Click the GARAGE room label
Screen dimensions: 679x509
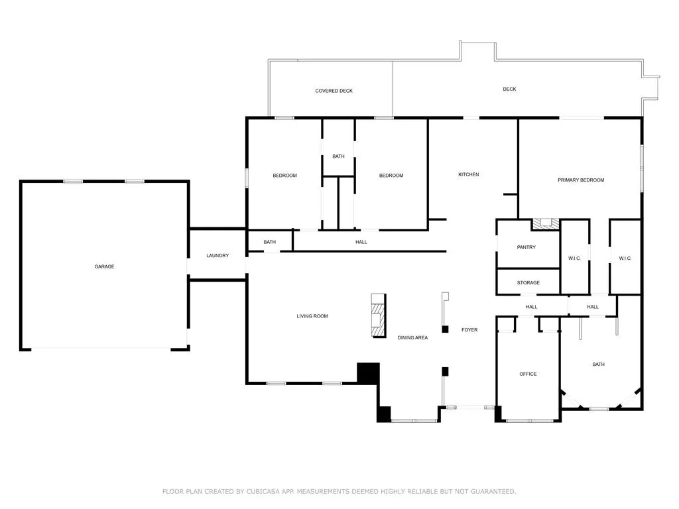pos(104,266)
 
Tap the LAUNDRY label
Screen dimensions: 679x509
pos(217,256)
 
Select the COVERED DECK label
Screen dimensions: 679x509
pos(334,91)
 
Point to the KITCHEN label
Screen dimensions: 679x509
pos(469,174)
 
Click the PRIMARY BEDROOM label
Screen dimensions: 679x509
pos(581,180)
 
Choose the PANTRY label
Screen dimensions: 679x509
pos(526,247)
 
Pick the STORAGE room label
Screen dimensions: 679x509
pos(528,282)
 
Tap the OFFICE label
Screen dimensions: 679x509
pos(528,374)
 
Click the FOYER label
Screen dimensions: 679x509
pos(469,330)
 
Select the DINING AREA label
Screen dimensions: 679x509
pos(412,337)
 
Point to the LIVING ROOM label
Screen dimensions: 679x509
pos(312,316)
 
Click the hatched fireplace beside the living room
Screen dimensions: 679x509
pos(379,315)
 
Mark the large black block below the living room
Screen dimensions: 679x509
pos(368,373)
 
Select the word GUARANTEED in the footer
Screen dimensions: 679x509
pos(493,491)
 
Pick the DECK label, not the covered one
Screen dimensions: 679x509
pos(510,89)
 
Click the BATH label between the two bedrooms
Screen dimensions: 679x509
pos(339,156)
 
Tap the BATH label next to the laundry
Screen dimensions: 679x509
pos(270,242)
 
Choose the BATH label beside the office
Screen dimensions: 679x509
pos(599,365)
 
